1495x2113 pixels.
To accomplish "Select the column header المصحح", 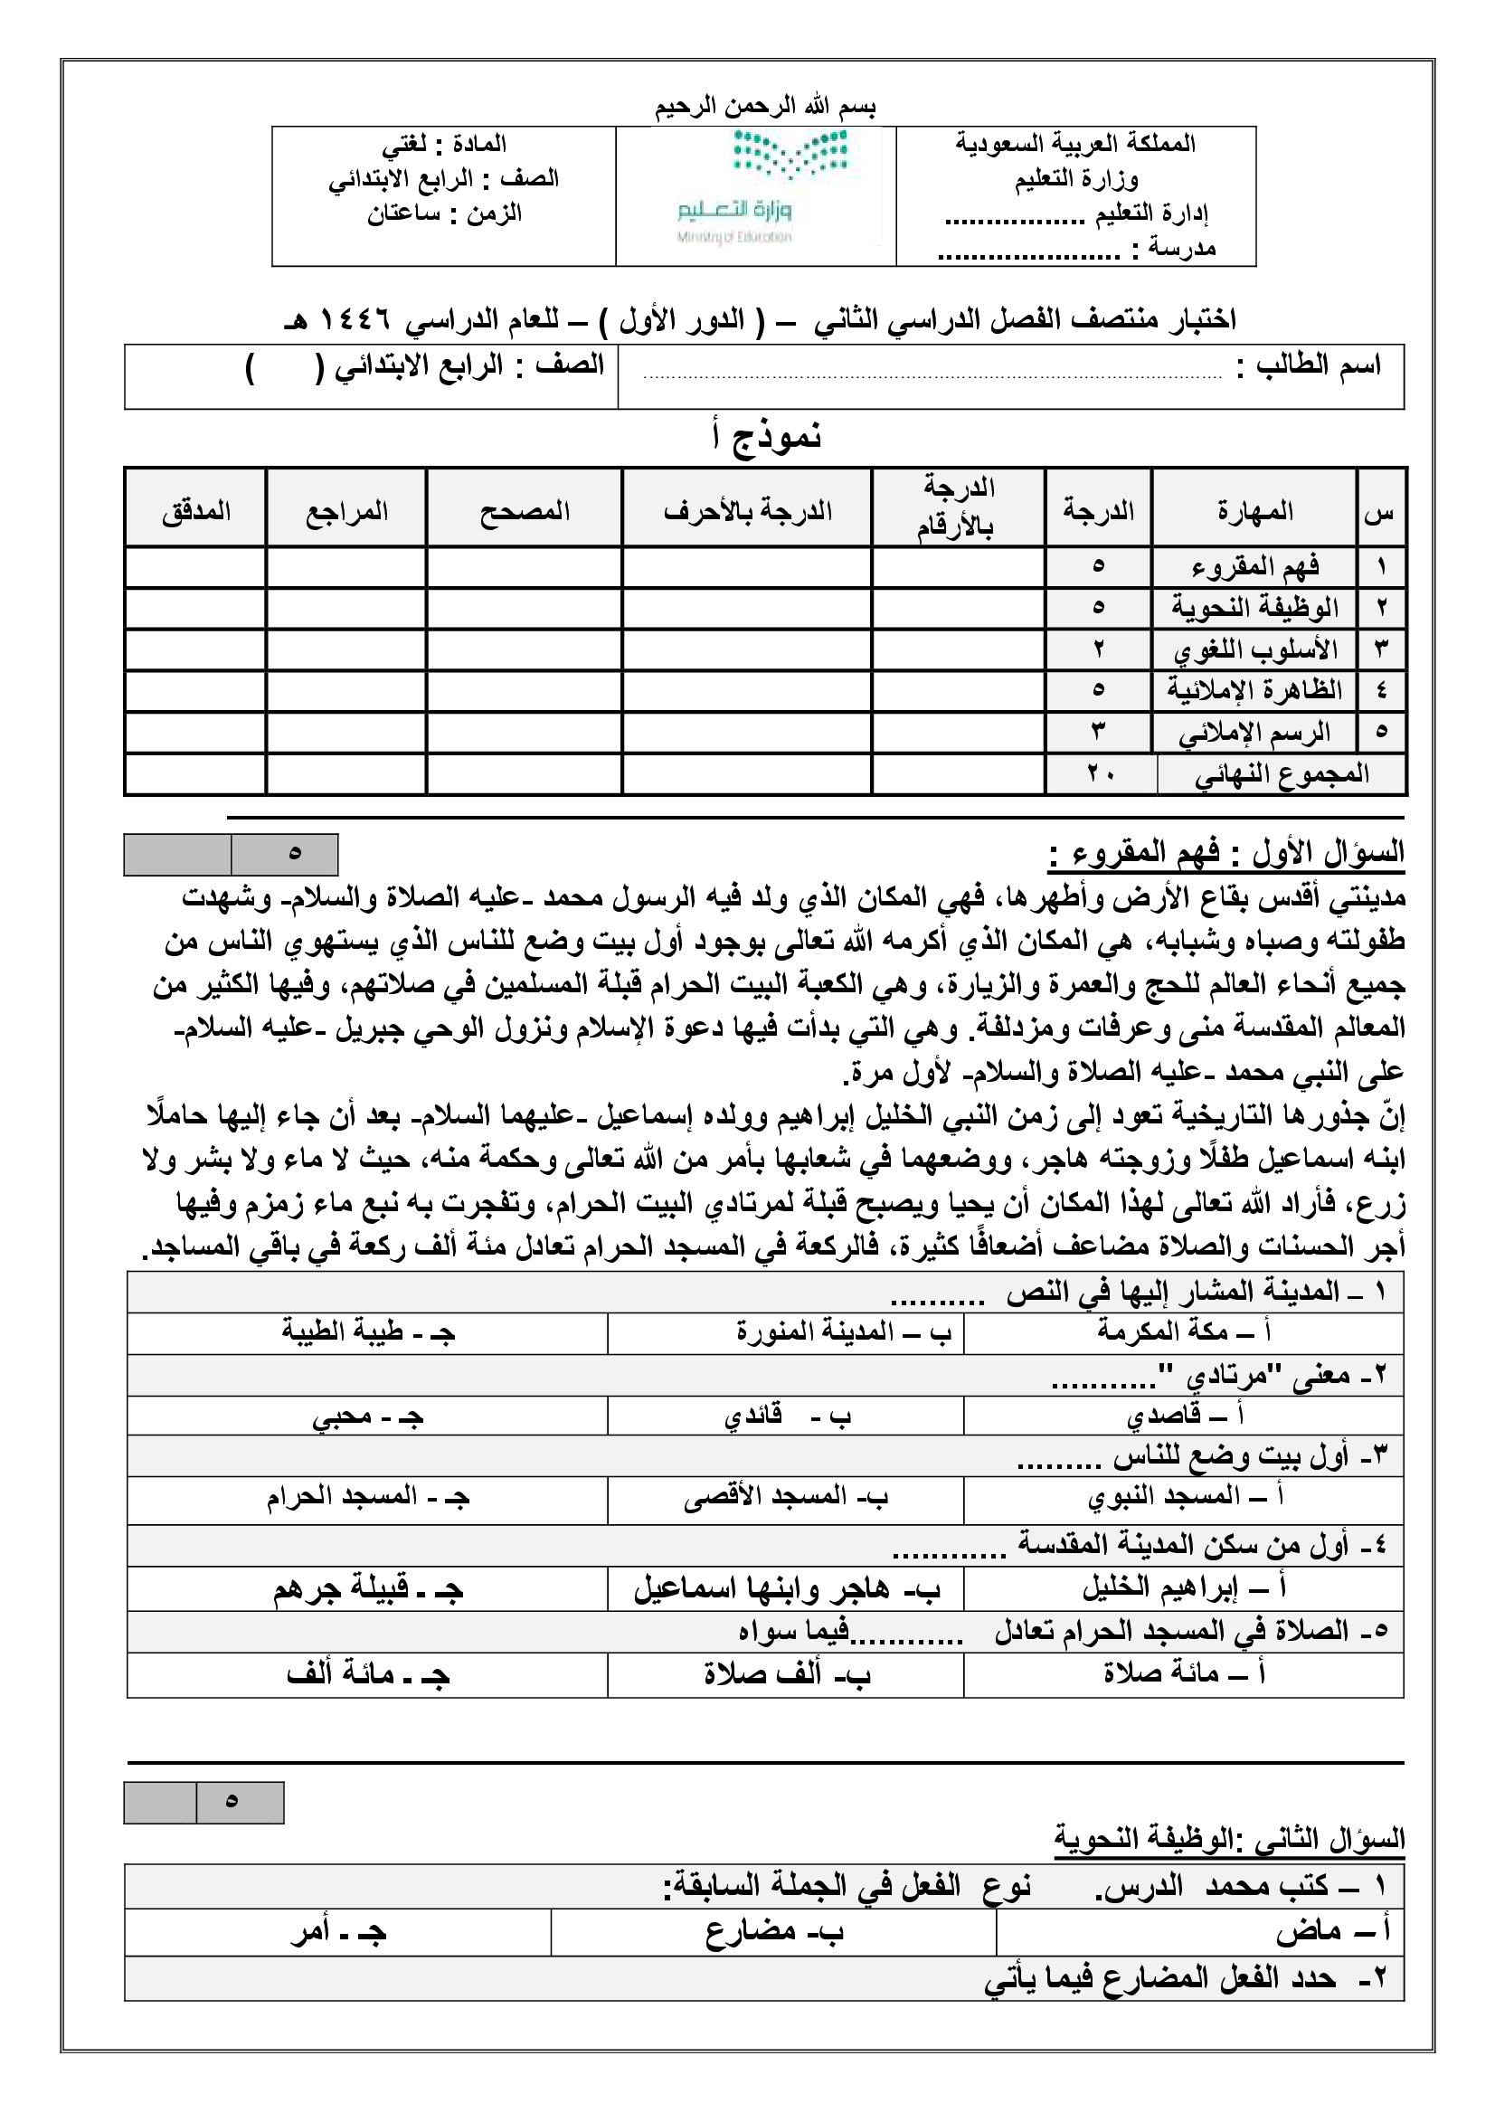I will (524, 511).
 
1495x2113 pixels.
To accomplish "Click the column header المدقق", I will (196, 511).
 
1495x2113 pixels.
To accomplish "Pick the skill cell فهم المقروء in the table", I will (1254, 566).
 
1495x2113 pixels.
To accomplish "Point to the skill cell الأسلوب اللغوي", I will (1254, 650).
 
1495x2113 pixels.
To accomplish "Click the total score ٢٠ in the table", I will (1100, 774).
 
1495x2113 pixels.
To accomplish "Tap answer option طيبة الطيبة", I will (368, 1331).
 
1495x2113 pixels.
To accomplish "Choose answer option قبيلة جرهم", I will (368, 1590).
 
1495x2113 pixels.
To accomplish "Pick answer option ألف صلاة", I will (787, 1673).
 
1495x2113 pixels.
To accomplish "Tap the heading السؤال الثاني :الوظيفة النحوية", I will (1229, 1841).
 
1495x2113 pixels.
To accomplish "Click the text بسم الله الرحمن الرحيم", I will (765, 107).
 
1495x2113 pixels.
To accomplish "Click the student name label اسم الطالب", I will (1308, 365).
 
